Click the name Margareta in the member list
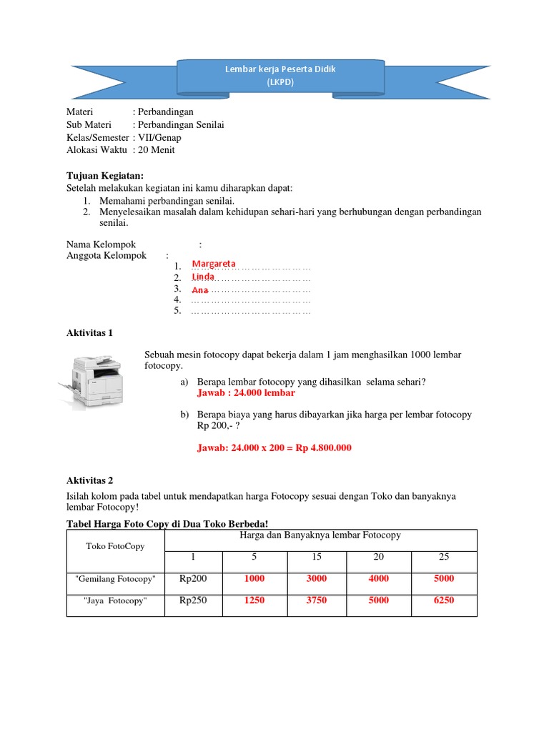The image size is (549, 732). coord(214,264)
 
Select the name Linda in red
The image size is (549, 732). coord(204,277)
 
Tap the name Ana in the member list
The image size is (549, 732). coord(200,290)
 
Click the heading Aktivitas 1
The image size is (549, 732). coord(89,332)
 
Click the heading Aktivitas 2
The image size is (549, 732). coord(89,480)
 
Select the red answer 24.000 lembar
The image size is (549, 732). coord(245,393)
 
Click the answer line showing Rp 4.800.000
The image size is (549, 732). coord(274,448)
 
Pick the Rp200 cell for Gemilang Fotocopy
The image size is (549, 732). coord(192,579)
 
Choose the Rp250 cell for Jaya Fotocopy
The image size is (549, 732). coord(192,600)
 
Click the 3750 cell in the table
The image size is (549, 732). coord(316,600)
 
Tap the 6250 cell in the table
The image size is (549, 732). coord(443,600)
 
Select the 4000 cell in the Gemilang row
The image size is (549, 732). coord(379,579)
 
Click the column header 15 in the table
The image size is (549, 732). coord(316,557)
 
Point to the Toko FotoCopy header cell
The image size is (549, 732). coord(115,546)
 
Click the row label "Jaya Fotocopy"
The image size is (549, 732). coord(115,601)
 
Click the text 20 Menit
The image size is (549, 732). coord(158,150)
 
